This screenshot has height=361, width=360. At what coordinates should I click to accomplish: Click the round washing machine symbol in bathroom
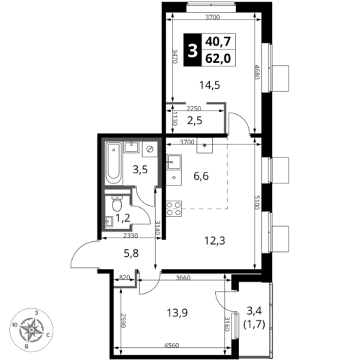[x=150, y=149]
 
